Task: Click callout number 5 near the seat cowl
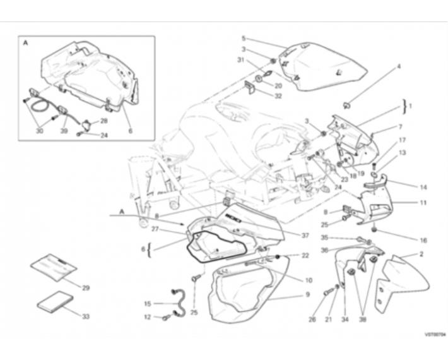244,38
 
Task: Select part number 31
240,60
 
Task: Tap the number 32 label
278,96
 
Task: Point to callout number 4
399,66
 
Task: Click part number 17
402,140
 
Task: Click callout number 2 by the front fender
420,254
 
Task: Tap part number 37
305,236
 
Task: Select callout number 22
305,255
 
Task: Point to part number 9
308,294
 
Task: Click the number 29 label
86,288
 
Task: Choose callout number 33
86,315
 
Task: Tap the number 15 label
148,303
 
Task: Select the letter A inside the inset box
25,44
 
